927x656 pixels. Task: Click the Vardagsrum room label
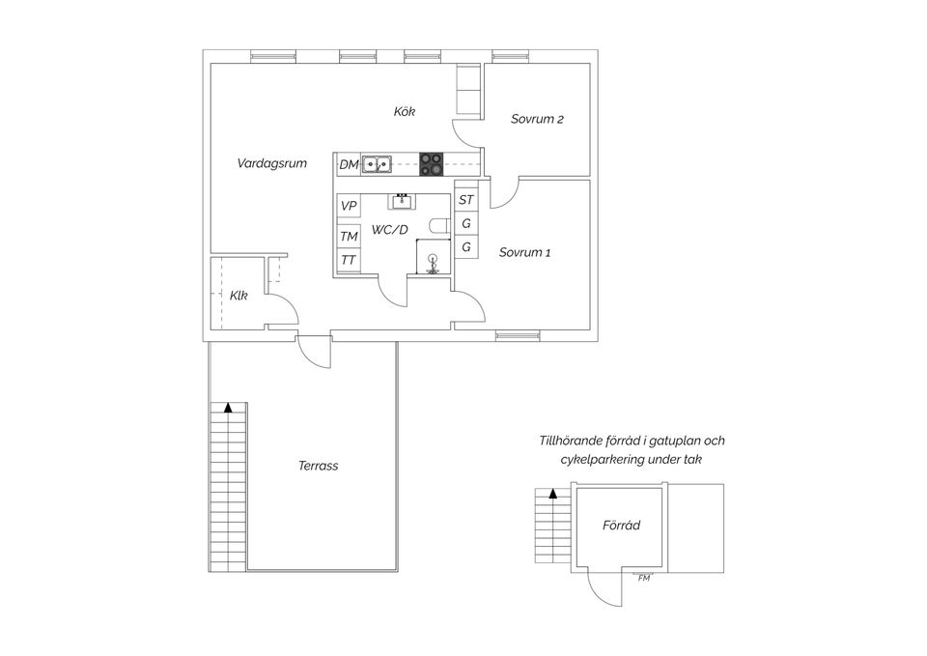tap(271, 164)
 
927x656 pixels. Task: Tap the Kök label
tap(404, 112)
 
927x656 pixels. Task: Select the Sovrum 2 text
tap(537, 120)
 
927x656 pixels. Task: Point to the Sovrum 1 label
tap(524, 253)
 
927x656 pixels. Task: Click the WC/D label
tap(390, 230)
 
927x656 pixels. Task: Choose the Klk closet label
tap(238, 297)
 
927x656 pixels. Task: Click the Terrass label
tap(318, 466)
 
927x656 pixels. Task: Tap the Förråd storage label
tap(621, 526)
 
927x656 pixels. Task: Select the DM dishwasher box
tap(349, 165)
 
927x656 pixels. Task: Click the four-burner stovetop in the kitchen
tap(431, 164)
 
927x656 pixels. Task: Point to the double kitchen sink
tap(377, 164)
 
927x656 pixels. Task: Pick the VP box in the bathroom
tap(349, 206)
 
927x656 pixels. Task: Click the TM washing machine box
tap(349, 236)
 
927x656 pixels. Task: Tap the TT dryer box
tap(349, 261)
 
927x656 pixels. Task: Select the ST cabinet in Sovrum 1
tap(466, 200)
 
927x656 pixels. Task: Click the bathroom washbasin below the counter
tap(401, 201)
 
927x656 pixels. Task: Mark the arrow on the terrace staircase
tap(228, 408)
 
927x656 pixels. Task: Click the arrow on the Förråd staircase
tap(553, 493)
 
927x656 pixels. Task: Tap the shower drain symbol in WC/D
tap(433, 259)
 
